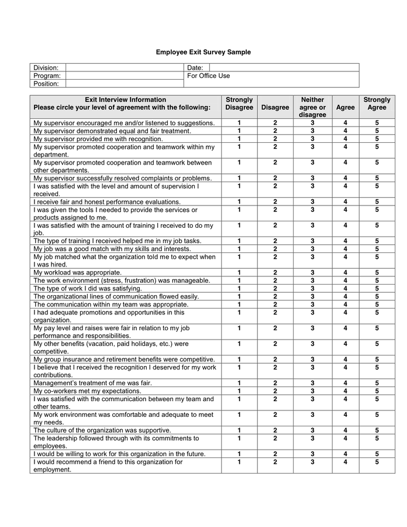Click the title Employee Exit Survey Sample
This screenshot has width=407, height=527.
(x=203, y=52)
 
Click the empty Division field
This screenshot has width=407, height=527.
(x=125, y=68)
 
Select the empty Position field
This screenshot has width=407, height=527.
(x=125, y=84)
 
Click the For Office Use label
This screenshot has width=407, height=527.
(x=209, y=76)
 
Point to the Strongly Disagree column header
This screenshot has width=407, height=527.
(x=239, y=104)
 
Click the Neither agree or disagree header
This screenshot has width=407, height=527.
(x=312, y=107)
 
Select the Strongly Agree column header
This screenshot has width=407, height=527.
(x=377, y=104)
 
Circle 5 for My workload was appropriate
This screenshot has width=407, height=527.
(x=377, y=272)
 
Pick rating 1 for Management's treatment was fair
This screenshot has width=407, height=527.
(x=239, y=382)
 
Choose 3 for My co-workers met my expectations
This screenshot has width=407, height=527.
(x=312, y=391)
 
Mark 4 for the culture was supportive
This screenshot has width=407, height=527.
(x=345, y=430)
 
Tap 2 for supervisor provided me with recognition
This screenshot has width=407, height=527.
(x=275, y=139)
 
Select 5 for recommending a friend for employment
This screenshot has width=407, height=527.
(x=377, y=462)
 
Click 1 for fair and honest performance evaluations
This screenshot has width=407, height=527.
(x=239, y=201)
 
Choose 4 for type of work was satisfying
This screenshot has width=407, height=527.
(x=345, y=288)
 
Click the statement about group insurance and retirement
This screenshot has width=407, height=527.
(x=124, y=359)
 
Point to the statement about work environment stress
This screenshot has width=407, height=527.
(x=122, y=280)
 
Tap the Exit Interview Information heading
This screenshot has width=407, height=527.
(x=125, y=100)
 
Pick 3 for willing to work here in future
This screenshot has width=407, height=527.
(x=312, y=454)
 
